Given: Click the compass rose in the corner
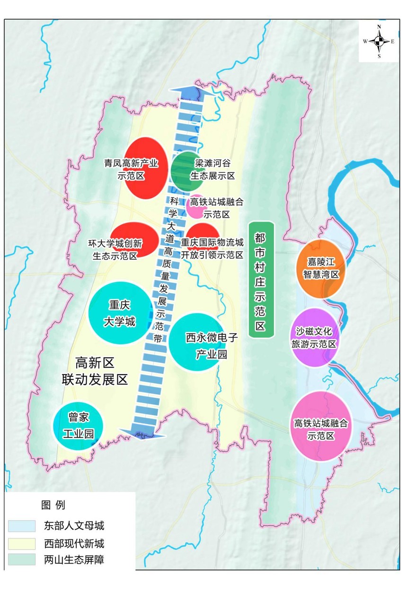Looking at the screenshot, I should point(379,42).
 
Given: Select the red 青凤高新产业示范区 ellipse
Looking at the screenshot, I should point(146,168).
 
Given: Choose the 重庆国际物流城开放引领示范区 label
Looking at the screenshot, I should point(212,248).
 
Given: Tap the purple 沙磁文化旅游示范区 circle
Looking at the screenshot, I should point(315,337).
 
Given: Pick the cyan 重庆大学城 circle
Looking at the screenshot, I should point(119,313).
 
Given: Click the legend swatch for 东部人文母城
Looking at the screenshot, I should point(22,525).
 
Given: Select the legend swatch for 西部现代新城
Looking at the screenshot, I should point(22,543).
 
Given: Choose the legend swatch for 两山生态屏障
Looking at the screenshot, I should point(22,560).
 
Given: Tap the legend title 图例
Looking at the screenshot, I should point(53,505).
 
